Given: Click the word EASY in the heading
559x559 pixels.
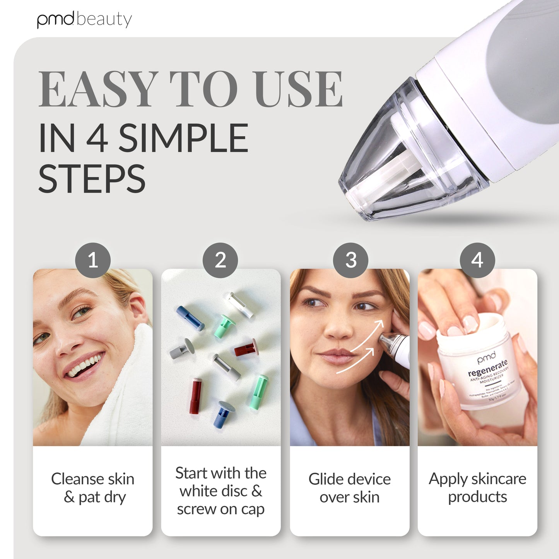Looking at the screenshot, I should pos(99,89).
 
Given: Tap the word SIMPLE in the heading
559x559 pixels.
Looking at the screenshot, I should pos(183,138).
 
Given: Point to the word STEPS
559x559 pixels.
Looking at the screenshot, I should pos(92,179).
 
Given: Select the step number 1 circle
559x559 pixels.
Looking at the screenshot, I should pos(93,260).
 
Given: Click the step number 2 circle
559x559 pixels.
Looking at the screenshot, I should pos(221,260).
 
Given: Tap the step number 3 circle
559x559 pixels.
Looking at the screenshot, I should pos(350,260).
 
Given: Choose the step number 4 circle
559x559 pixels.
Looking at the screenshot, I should pos(477,260).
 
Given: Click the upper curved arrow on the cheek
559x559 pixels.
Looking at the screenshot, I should pos(368,335).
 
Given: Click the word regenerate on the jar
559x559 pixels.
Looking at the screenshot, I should pos(487,368).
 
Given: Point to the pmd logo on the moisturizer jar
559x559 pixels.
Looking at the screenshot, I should pos(486,358).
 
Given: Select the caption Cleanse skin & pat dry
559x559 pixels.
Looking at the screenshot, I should pos(93,488).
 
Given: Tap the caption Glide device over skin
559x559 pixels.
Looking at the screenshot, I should pos(350,488).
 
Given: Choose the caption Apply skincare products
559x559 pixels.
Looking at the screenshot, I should pos(477,487).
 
